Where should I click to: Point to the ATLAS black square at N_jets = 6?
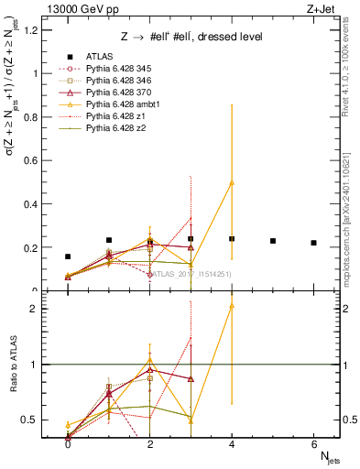313,243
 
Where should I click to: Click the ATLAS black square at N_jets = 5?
273,241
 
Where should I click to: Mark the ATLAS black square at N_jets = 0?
68,257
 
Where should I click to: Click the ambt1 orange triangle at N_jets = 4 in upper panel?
232,182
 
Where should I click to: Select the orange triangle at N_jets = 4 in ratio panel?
232,305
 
